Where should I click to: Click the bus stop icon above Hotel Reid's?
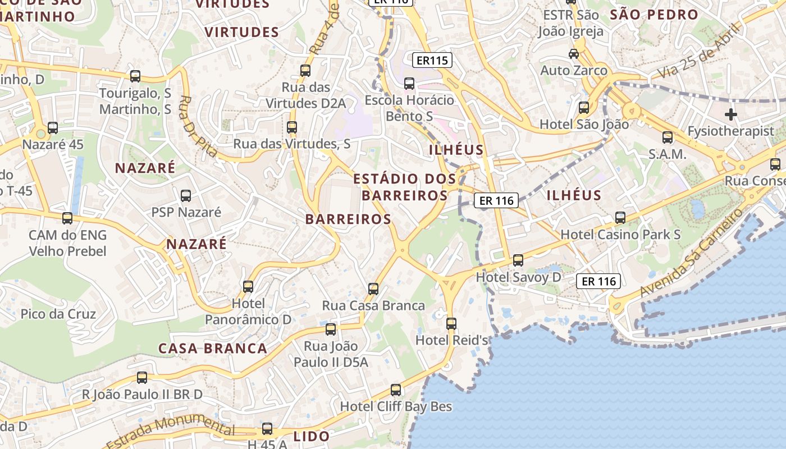[x=451, y=324]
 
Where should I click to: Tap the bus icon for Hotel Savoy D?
[x=518, y=260]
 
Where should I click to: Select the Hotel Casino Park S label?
[x=620, y=235]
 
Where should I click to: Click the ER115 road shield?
[x=432, y=60]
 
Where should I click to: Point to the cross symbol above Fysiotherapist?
[x=730, y=115]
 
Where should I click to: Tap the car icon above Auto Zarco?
[x=574, y=54]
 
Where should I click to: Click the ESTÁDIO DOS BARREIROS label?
[x=404, y=187]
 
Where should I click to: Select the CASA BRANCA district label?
[x=213, y=349]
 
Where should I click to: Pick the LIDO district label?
[x=312, y=436]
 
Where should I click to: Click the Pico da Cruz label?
[x=58, y=314]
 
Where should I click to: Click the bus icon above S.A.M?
[x=668, y=138]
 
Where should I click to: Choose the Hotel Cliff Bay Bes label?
[x=396, y=406]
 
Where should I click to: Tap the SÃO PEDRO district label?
[x=654, y=15]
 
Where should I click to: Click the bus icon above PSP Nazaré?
[x=186, y=196]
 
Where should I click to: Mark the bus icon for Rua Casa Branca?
[x=373, y=290]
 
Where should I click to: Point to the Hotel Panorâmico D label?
[x=248, y=311]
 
